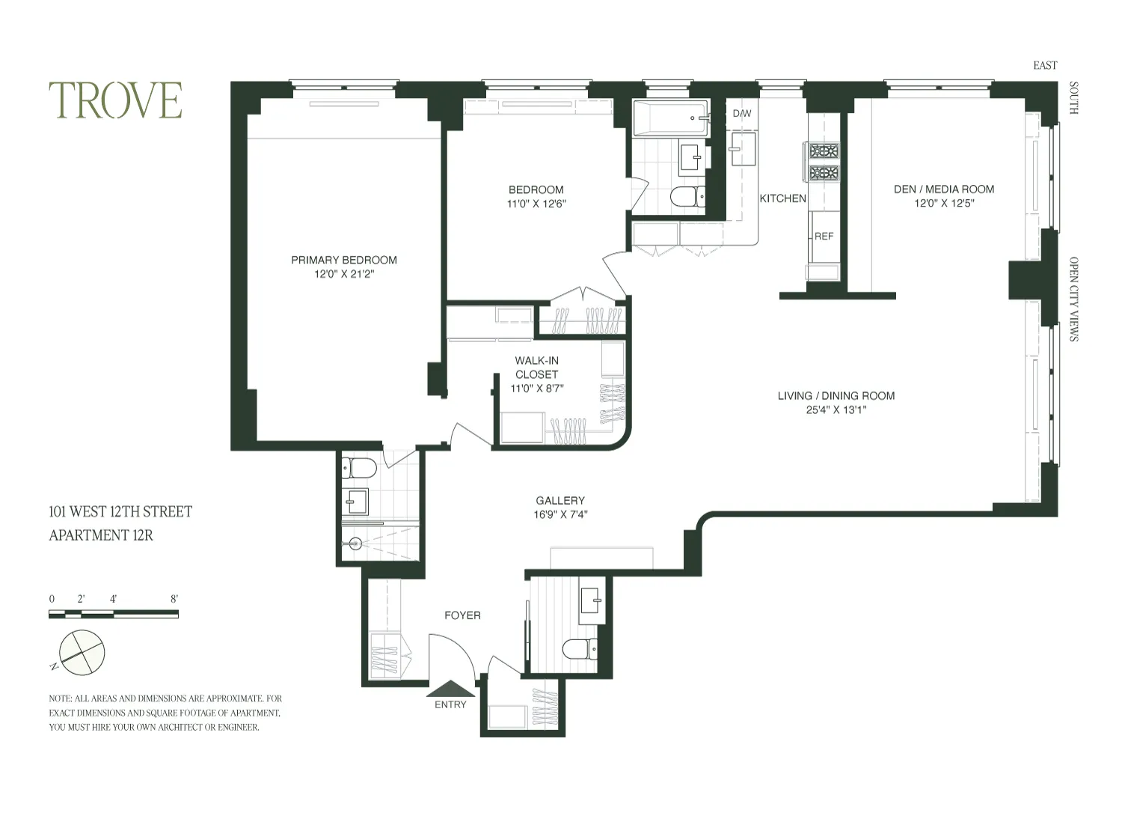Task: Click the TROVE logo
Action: [x=115, y=100]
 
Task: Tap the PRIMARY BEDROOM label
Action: [x=344, y=260]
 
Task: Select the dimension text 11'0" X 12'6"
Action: [x=536, y=204]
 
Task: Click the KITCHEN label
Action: [x=782, y=198]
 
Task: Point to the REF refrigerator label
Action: [x=824, y=236]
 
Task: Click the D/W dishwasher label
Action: [x=742, y=114]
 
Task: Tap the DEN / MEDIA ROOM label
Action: [x=944, y=189]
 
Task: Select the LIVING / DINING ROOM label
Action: [x=836, y=395]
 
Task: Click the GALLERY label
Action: [x=560, y=500]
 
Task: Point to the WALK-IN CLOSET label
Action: [x=536, y=368]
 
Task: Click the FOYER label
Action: [x=462, y=615]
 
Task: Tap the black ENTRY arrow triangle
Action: [x=450, y=688]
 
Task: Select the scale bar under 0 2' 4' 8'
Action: [x=113, y=614]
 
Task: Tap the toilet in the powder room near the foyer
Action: [x=580, y=648]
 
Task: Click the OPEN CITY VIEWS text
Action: [x=1073, y=299]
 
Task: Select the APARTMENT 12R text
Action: [x=101, y=535]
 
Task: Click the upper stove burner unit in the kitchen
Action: [x=824, y=151]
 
